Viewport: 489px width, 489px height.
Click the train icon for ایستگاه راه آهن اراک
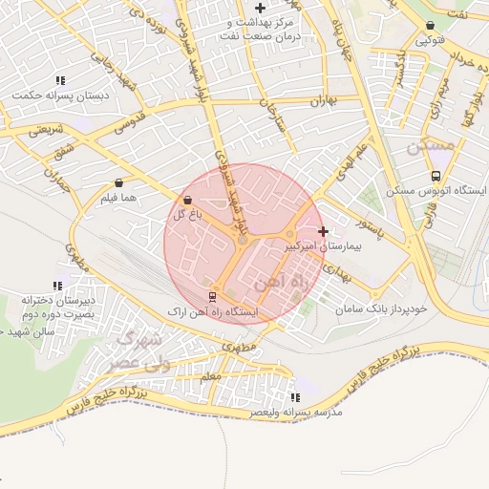(x=212, y=296)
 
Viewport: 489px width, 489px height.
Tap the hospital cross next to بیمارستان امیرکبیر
(x=324, y=231)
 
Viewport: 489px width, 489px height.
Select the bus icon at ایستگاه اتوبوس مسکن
(x=436, y=176)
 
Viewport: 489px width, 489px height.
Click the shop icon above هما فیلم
(x=118, y=182)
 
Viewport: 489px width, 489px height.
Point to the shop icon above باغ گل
(x=186, y=200)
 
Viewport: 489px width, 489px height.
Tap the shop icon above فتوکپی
(x=430, y=26)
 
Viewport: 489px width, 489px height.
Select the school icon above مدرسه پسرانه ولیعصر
(x=295, y=396)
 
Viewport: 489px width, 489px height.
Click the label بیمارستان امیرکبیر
(x=325, y=246)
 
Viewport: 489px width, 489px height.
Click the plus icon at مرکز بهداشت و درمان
(x=260, y=8)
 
